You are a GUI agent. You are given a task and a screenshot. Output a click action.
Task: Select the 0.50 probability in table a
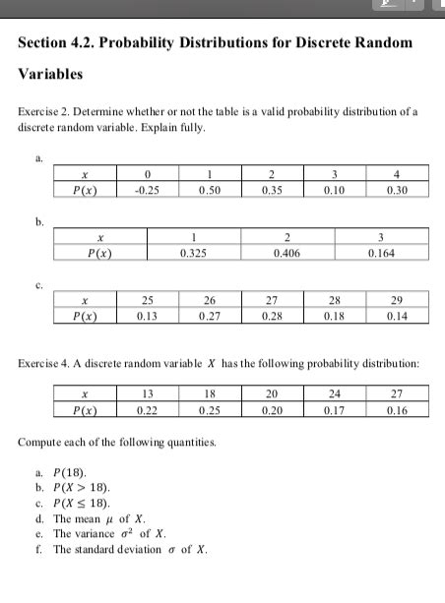[x=208, y=190]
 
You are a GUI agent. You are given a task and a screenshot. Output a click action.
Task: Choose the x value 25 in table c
[x=149, y=299]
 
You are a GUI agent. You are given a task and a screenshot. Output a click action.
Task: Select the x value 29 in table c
[x=397, y=299]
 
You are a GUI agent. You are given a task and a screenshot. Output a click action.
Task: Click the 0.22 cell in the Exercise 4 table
[x=148, y=410]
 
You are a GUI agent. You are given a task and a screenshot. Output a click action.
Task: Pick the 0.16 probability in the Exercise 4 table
[x=397, y=410]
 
